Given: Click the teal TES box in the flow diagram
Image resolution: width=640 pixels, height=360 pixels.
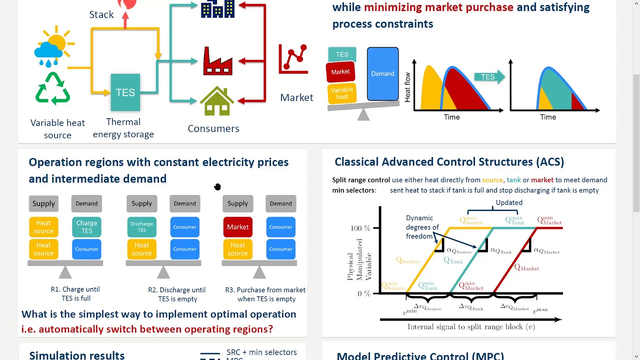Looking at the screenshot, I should tap(125, 92).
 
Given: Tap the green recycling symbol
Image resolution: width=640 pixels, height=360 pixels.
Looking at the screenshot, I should tap(52, 88).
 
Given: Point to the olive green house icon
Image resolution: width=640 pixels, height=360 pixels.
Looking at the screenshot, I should tap(216, 101).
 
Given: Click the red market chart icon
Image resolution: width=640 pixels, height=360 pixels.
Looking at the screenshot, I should tap(293, 58).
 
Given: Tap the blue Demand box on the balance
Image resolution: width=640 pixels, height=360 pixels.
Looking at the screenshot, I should tap(382, 74).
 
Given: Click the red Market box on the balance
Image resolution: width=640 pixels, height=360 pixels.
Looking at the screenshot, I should tap(340, 72).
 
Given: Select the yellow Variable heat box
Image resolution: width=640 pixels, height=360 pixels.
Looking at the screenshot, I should tap(342, 93).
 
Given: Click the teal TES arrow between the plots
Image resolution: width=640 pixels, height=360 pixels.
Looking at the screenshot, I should tap(489, 76).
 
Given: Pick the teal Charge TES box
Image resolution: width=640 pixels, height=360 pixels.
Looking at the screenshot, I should tap(86, 227).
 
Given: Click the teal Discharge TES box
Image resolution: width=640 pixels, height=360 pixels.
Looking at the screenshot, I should tap(141, 227).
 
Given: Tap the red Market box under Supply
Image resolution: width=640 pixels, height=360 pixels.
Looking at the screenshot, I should tap(237, 227).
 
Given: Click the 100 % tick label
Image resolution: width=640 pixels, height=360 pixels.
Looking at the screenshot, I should tap(360, 228).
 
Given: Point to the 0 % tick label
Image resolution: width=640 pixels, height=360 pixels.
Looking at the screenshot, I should tap(363, 293).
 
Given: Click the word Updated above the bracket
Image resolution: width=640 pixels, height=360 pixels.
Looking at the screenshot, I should tap(509, 202).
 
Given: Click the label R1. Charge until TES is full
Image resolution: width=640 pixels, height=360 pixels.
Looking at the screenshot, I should tap(75, 293).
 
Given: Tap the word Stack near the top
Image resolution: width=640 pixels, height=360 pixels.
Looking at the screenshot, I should tap(101, 14).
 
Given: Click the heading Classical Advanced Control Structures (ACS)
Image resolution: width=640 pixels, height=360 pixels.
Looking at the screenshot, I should tap(449, 162).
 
